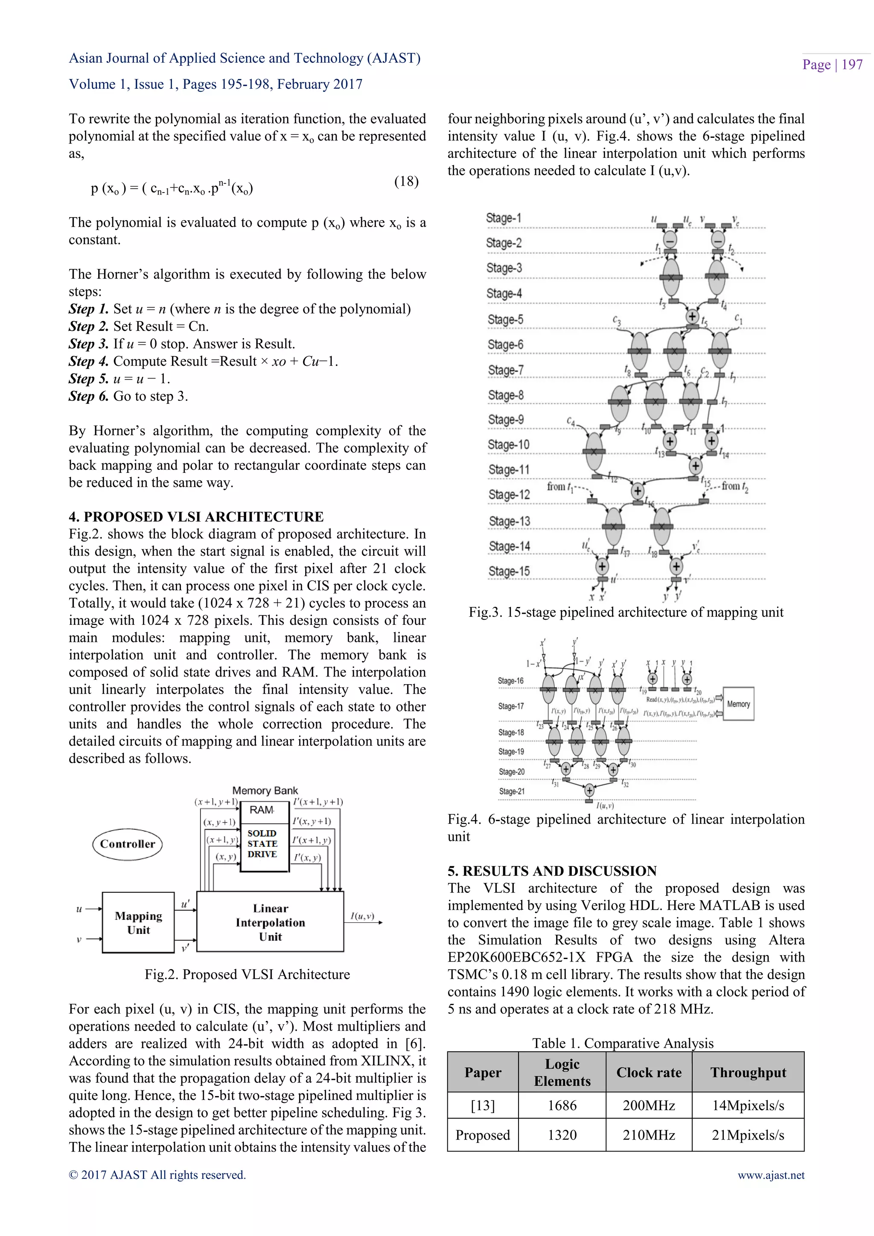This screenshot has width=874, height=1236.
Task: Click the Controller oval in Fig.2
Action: point(128,843)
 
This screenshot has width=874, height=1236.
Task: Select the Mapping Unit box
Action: point(138,923)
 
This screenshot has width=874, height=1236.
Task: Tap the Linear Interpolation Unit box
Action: point(270,923)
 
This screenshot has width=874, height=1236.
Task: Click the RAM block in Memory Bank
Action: point(262,810)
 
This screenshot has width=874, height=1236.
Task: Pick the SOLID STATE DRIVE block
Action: point(262,843)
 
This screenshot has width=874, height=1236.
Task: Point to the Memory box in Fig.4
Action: point(738,704)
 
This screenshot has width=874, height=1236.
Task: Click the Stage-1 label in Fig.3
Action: point(503,218)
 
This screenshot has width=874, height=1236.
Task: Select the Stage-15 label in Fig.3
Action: point(509,571)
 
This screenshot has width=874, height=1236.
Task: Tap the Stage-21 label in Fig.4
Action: point(511,791)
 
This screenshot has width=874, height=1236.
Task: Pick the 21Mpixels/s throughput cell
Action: point(748,1135)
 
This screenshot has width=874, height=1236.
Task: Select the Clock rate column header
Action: point(649,1073)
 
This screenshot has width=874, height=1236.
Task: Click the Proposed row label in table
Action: point(482,1135)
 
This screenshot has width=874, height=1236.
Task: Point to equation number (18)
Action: point(406,181)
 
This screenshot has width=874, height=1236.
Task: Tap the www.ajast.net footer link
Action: point(771,1175)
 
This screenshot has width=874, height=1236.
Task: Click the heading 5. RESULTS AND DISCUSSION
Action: point(552,871)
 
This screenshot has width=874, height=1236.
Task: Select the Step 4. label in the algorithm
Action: point(88,361)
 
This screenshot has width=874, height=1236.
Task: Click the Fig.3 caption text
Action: point(625,612)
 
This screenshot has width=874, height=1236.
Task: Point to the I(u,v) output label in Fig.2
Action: point(362,916)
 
